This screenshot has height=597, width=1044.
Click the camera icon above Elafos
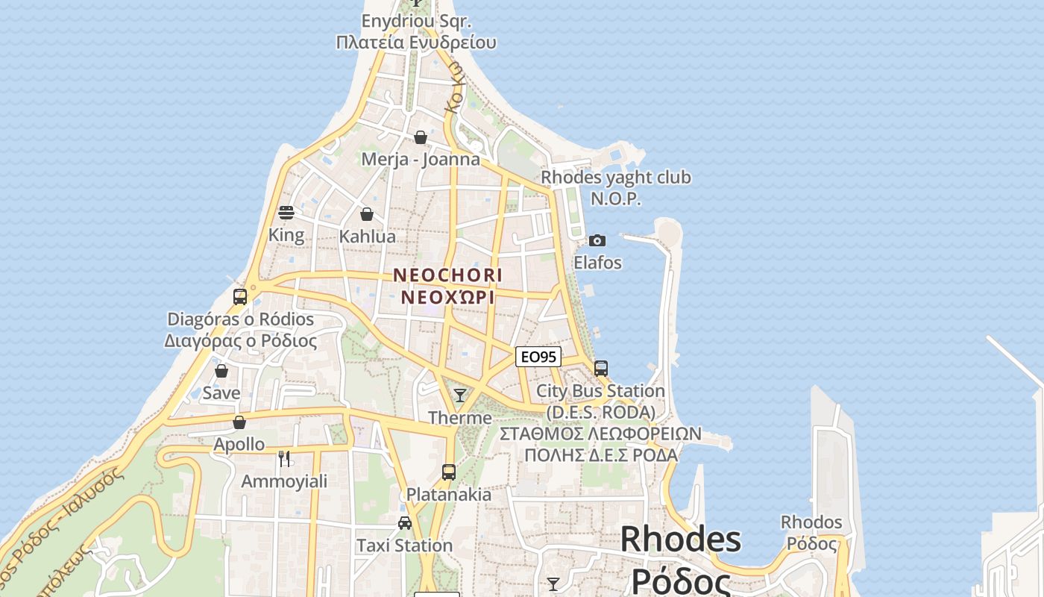597,240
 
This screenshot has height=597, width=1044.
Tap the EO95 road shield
538,357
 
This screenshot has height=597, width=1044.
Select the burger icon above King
286,213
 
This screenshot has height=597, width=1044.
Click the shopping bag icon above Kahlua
367,214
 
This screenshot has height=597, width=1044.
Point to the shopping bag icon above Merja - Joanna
421,137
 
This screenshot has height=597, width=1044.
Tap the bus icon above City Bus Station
600,368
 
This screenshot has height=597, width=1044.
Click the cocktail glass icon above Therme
460,395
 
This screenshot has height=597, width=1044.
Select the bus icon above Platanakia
448,472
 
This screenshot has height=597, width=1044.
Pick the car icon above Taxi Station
404,522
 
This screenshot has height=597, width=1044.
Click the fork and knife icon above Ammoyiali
283,458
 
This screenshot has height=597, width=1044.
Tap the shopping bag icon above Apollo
239,422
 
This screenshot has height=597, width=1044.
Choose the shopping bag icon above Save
221,371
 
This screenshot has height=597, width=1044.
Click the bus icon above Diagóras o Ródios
239,296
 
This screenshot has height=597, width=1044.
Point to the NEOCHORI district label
447,275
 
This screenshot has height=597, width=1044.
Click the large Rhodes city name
680,540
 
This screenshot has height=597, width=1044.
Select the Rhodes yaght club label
615,178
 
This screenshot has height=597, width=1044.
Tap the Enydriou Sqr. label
416,21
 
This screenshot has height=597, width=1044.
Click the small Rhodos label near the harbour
811,522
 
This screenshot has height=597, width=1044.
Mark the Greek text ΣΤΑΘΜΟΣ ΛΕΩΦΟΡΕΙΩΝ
600,434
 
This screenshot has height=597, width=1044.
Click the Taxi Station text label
404,546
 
